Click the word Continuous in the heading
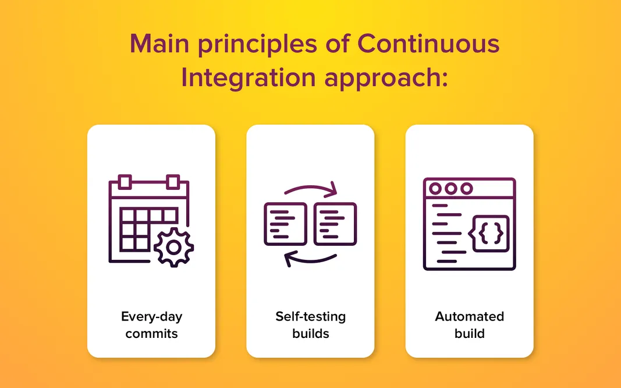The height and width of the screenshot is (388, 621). coord(428,44)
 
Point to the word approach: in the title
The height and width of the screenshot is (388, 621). coord(386,78)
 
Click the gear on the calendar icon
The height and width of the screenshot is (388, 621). coord(173,248)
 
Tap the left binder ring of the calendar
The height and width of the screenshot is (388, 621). coord(125,182)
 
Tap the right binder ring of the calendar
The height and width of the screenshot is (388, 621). coord(173,182)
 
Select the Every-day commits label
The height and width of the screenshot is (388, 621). coord(151,325)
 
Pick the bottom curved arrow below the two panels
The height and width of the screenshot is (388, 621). coord(310,258)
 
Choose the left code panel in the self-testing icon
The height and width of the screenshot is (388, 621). coord(285,224)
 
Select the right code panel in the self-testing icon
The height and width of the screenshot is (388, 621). coord(335,224)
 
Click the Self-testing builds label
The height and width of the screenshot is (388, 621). coord(310,325)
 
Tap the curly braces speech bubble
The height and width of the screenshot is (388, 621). coord(491,234)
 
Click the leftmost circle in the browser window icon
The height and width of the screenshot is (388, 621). coord(434,189)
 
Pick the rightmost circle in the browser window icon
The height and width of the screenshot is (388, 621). coord(466,189)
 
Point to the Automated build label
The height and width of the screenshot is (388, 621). coord(469,325)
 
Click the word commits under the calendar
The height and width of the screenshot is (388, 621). coord(151,334)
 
